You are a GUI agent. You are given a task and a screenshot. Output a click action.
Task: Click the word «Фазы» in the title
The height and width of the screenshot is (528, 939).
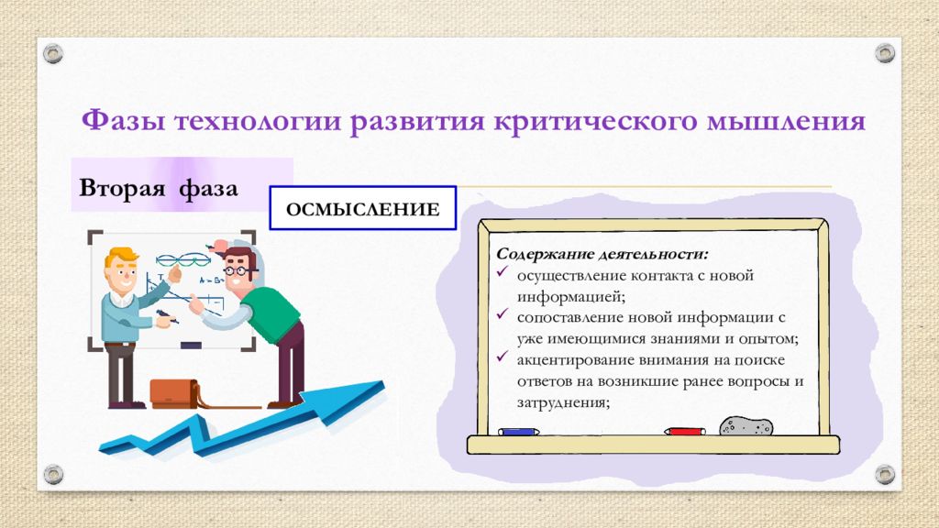tap(123, 120)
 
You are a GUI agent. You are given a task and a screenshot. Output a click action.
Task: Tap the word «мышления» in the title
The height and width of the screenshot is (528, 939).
tap(787, 122)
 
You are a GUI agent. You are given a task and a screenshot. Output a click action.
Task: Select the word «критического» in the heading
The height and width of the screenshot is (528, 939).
tap(596, 122)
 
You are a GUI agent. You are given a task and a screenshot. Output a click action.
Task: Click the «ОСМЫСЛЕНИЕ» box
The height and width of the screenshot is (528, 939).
tap(363, 208)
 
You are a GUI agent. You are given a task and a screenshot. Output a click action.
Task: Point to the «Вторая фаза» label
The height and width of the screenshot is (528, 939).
tap(159, 188)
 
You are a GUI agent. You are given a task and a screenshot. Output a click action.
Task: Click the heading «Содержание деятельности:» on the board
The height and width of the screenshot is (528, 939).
tap(602, 254)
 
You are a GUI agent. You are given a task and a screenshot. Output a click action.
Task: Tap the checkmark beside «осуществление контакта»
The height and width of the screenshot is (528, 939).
tap(503, 272)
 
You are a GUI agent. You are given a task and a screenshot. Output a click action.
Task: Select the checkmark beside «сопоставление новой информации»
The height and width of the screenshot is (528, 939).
tap(503, 314)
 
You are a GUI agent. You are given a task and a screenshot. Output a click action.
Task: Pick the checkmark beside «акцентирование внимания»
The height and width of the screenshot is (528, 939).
tap(503, 357)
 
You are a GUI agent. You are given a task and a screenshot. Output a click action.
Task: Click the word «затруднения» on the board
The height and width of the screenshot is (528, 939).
tap(563, 402)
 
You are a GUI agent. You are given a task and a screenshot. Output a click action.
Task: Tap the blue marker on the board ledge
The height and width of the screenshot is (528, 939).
tap(519, 432)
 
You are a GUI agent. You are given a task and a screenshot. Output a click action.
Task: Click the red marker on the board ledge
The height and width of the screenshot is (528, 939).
tap(684, 431)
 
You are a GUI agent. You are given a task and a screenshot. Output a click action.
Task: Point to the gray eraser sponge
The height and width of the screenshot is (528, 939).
tap(746, 426)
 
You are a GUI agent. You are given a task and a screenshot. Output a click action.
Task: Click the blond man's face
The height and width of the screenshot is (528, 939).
tap(123, 275)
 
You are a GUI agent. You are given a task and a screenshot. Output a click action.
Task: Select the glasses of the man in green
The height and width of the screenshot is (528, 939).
tap(238, 270)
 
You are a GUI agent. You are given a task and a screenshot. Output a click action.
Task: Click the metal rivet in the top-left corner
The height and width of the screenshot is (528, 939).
tap(53, 54)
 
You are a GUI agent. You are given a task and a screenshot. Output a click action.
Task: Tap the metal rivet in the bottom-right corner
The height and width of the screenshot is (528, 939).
tap(885, 475)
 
